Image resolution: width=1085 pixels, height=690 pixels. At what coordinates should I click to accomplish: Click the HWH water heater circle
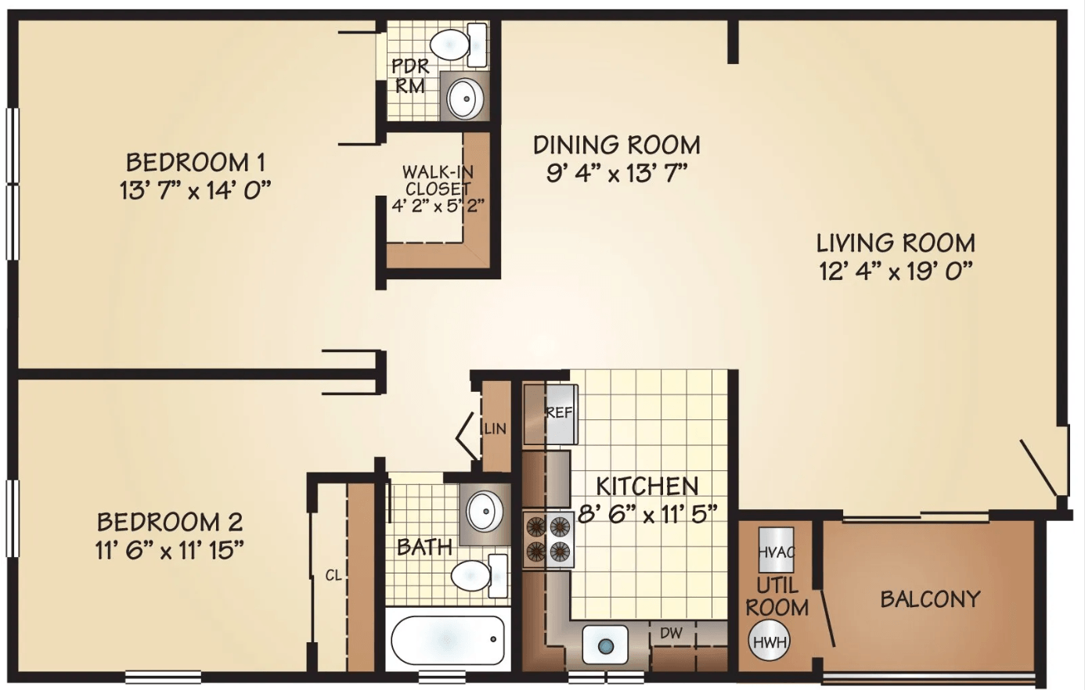(770, 641)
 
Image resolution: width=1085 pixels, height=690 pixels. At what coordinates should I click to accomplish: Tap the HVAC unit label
(777, 552)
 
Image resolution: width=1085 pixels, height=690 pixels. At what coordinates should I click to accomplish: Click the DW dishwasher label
(672, 632)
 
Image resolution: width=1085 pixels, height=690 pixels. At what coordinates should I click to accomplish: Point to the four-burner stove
(548, 539)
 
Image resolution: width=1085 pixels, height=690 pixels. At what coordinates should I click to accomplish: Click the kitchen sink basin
(605, 645)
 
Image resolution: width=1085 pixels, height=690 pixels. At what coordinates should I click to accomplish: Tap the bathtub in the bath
(447, 640)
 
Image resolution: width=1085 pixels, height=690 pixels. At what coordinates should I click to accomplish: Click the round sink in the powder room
(465, 99)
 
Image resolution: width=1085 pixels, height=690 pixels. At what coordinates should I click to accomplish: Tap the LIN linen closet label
(496, 429)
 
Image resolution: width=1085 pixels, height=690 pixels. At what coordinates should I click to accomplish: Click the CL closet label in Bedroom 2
(333, 575)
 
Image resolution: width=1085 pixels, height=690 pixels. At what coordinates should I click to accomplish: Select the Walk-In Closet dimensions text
(438, 207)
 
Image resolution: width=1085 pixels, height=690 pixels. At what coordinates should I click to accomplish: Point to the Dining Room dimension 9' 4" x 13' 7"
(617, 174)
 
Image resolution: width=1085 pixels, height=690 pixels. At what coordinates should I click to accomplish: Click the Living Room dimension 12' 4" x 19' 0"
(896, 271)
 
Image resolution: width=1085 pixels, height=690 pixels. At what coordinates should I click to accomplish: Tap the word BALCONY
(930, 599)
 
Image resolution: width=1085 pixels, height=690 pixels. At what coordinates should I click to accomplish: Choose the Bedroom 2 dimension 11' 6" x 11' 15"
(169, 551)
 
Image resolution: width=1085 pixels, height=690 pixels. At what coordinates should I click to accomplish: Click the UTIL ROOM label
(777, 597)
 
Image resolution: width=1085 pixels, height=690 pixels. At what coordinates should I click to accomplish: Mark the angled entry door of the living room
(1038, 467)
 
